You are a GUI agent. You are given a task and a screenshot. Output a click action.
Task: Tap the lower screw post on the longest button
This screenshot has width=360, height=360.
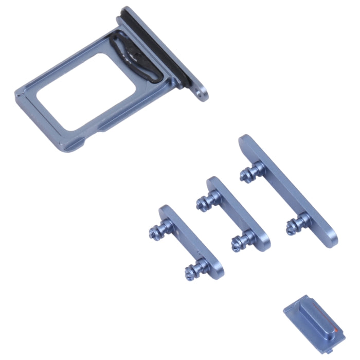[x=296, y=223]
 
